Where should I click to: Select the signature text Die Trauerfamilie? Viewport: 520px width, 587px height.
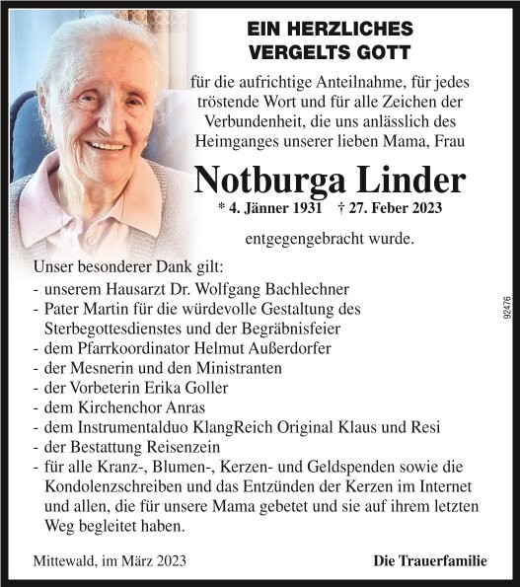click(430, 561)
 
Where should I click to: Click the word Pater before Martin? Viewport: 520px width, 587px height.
click(64, 309)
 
